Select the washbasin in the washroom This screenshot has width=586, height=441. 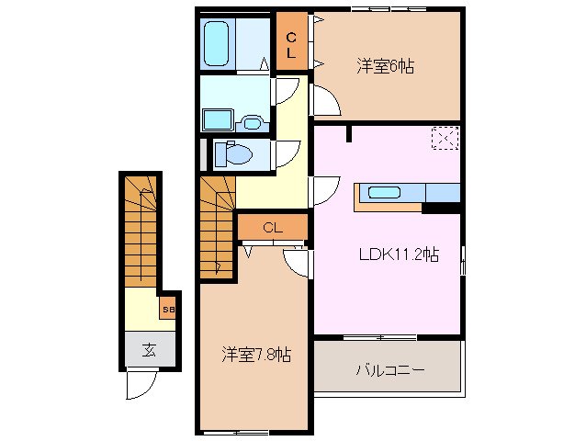[219, 119]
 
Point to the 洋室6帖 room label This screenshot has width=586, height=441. [385, 66]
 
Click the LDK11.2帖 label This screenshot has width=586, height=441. [398, 255]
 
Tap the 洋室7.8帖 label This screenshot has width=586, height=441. [255, 354]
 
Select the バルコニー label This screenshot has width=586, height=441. [389, 371]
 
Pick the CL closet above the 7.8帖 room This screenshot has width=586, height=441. [272, 227]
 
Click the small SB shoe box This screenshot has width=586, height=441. [168, 310]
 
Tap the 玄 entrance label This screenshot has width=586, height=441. [147, 348]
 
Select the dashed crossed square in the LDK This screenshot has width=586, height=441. [445, 138]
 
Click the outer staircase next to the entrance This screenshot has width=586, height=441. [141, 230]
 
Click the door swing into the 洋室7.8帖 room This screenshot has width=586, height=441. [297, 262]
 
